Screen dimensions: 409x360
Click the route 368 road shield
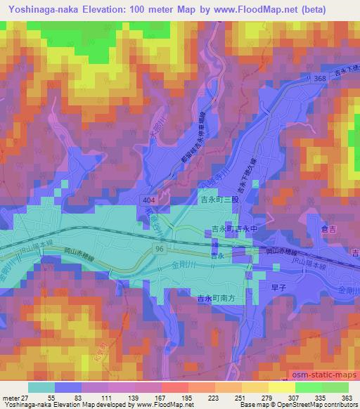[320, 79]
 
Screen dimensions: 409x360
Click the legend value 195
[167, 398]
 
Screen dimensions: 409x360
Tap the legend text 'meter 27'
[15, 398]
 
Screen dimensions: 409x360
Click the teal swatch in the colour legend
[42, 387]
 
